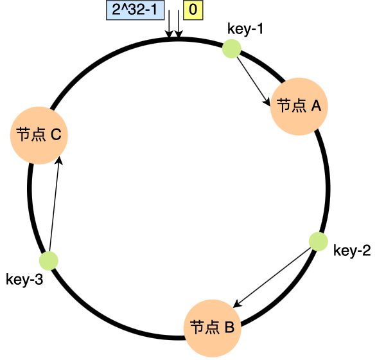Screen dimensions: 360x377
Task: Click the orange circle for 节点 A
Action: pyautogui.click(x=299, y=106)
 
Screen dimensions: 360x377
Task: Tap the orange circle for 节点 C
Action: pyautogui.click(x=39, y=134)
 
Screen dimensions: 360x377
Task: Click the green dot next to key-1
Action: pyautogui.click(x=231, y=49)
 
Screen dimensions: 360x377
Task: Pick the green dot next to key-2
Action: pyautogui.click(x=319, y=241)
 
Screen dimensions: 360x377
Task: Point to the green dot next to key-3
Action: pyautogui.click(x=49, y=260)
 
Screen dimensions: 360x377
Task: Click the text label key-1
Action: pyautogui.click(x=246, y=29)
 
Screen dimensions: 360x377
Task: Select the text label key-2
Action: pyautogui.click(x=352, y=251)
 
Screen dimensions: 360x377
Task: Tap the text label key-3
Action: pyautogui.click(x=24, y=280)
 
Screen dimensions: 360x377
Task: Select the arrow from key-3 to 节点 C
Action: pyautogui.click(x=54, y=206)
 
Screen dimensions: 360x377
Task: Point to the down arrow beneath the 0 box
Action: pyautogui.click(x=179, y=28)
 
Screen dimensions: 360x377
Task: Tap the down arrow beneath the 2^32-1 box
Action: pyautogui.click(x=168, y=28)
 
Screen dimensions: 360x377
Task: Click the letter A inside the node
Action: pyautogui.click(x=315, y=106)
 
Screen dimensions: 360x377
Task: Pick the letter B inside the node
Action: pyautogui.click(x=229, y=327)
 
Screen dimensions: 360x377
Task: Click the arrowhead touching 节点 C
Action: pyautogui.click(x=59, y=161)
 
